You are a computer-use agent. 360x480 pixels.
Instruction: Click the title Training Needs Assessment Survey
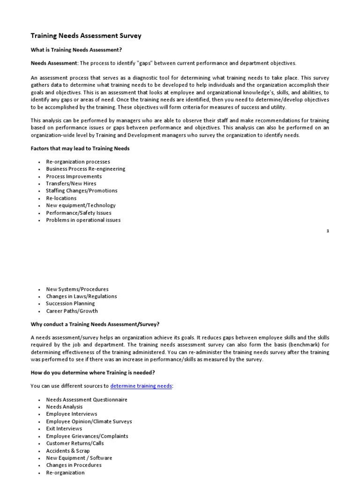(x=86, y=36)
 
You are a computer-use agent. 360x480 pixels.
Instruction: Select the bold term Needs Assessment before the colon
(x=53, y=63)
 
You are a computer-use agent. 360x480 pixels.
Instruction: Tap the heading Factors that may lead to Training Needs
(x=80, y=148)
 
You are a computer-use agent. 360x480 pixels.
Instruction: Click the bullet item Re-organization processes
(x=78, y=162)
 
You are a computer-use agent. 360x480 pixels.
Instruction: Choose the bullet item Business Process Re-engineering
(x=85, y=169)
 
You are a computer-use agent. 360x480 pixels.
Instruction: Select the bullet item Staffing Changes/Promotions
(x=82, y=191)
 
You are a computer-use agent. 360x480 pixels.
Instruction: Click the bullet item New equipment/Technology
(x=81, y=205)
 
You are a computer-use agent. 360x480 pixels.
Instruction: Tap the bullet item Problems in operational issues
(x=83, y=220)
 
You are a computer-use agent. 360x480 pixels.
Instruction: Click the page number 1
(x=328, y=231)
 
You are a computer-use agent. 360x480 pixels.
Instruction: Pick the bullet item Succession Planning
(x=70, y=303)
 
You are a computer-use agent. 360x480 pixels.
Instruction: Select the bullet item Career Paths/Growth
(x=72, y=311)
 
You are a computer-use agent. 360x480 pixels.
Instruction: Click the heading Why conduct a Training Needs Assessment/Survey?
(x=95, y=324)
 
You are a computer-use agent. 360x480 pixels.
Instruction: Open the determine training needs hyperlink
(x=141, y=386)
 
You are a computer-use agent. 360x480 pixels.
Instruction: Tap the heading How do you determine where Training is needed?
(x=93, y=373)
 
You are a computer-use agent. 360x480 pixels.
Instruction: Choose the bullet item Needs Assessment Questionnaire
(x=87, y=399)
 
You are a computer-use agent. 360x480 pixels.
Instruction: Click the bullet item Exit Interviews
(x=64, y=428)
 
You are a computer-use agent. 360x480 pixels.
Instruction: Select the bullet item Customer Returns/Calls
(x=75, y=443)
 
